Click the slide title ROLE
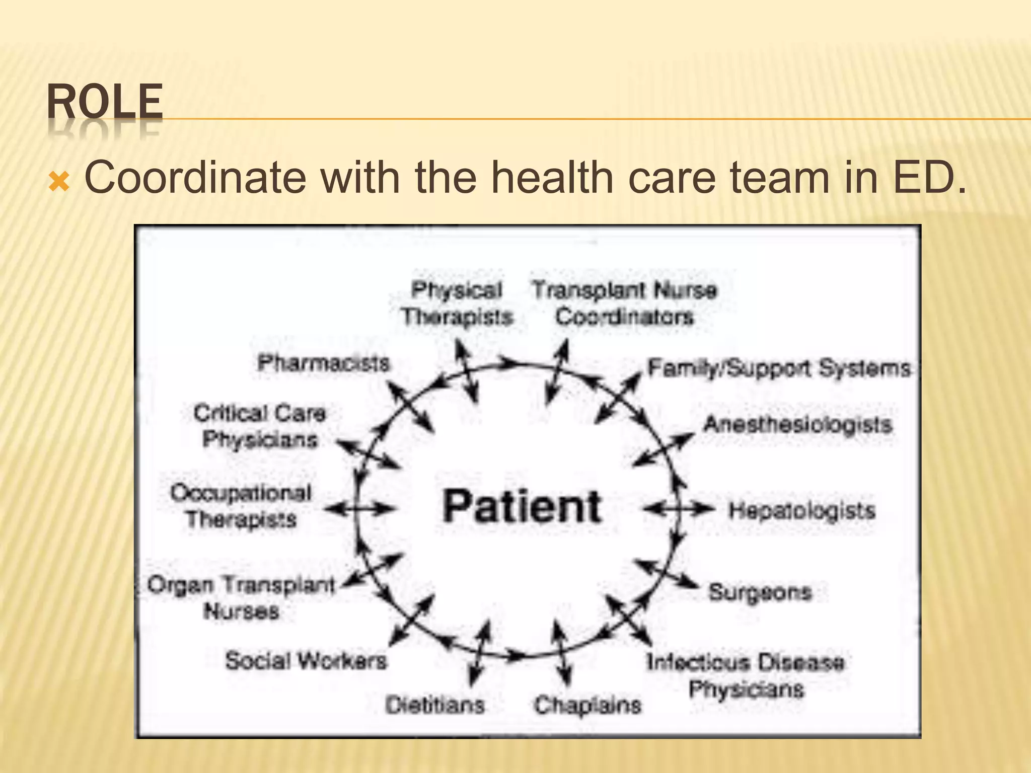[105, 102]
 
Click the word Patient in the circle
[522, 506]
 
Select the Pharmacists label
[323, 363]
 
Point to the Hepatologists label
[802, 511]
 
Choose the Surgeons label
[760, 592]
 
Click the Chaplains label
[587, 705]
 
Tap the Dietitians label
[435, 705]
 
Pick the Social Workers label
[306, 661]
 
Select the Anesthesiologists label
[797, 425]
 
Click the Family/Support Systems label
[778, 368]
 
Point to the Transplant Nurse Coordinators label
[624, 303]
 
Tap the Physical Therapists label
[457, 303]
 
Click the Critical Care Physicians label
[260, 426]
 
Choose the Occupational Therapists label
[241, 506]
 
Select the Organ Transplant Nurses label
[241, 598]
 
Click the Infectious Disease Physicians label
[746, 675]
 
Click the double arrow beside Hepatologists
[679, 510]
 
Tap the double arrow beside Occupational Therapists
[358, 509]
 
